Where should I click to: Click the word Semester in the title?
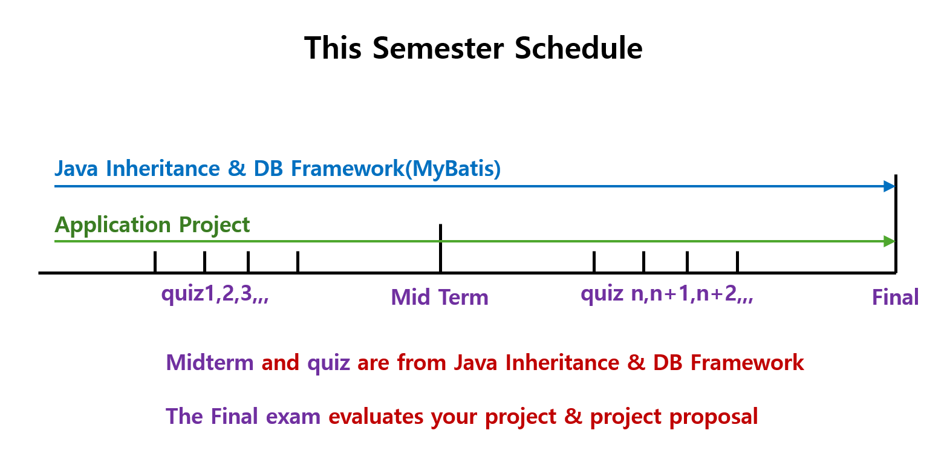tap(438, 48)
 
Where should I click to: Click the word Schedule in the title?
tap(579, 48)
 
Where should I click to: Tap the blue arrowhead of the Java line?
tap(889, 186)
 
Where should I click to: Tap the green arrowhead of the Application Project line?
tap(889, 241)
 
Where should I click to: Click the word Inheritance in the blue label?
tap(163, 168)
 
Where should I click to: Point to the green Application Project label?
tap(152, 224)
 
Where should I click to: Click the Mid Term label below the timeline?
tap(440, 297)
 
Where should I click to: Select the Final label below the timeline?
tap(896, 297)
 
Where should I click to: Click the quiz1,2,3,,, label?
tap(215, 294)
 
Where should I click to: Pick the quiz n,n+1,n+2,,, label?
tap(666, 294)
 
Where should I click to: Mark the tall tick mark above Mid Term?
tap(440, 248)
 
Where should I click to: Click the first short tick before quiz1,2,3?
tap(155, 262)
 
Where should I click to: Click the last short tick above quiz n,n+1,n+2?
tap(737, 262)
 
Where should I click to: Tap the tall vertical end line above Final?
tap(896, 224)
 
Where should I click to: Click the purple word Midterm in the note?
tap(210, 363)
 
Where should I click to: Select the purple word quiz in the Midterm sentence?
tap(328, 363)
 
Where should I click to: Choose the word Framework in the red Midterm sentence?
tap(747, 363)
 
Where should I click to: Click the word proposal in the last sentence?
tap(714, 417)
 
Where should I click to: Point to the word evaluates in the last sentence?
tap(376, 417)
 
